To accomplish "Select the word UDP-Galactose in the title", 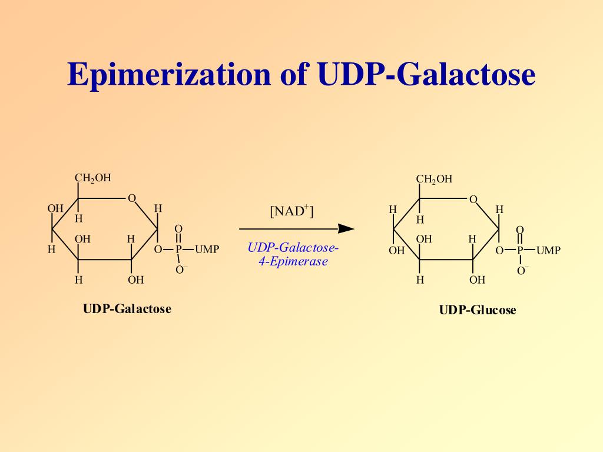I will (426, 75).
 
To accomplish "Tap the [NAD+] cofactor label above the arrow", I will (291, 211).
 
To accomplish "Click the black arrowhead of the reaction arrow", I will (347, 228).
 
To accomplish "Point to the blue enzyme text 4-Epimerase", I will (293, 262).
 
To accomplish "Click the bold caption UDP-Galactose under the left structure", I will (127, 309).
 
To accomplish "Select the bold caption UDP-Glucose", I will (478, 310).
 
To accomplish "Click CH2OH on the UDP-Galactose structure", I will (92, 178).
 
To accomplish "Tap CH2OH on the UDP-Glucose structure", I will (434, 179).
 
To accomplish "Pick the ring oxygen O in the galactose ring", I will (132, 198).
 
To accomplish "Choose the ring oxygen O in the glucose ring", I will (473, 200).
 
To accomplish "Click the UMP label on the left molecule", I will (207, 250).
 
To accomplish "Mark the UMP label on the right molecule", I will (548, 251).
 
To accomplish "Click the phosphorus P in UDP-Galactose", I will (178, 250).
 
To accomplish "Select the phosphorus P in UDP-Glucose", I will (520, 251).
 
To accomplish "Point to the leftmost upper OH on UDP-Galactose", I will (55, 208).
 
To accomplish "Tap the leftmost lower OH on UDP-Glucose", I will (396, 251).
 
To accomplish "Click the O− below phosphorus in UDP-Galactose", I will (180, 270).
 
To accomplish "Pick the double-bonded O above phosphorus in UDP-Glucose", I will (520, 230).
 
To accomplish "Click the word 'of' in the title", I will (293, 75).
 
